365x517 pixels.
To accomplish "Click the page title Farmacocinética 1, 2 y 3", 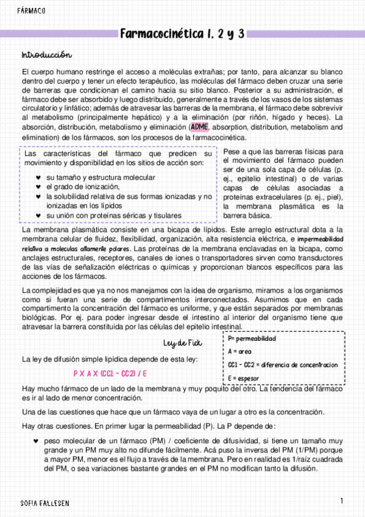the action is coord(182,34).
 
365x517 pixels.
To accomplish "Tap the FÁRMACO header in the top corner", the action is coord(32,11).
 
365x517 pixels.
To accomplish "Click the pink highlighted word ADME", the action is coord(199,127).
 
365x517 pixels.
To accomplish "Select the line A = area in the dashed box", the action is coord(240,351).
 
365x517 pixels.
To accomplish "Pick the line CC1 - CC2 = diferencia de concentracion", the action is coord(282,365).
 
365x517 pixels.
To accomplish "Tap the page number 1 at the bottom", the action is coord(342,501).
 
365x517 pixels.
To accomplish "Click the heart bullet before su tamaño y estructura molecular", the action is coord(40,177).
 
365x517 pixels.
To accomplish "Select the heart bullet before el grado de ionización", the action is coord(40,187).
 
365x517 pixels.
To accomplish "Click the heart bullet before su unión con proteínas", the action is coord(40,215).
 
